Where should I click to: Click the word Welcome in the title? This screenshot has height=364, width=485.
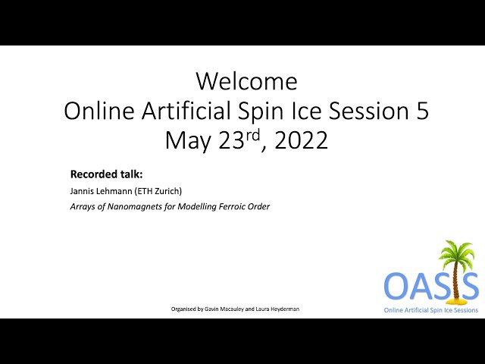[247, 81]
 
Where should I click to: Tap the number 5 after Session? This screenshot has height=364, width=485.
[423, 111]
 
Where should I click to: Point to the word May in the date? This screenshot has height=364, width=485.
[187, 142]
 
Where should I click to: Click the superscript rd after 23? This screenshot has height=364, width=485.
[252, 135]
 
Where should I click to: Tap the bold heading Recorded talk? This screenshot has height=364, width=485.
[106, 174]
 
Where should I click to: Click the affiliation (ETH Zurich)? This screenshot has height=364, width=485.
[158, 191]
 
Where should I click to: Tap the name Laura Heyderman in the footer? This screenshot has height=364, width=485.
[277, 309]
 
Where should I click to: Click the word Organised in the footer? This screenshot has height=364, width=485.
[183, 309]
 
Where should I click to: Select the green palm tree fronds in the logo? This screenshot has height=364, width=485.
[457, 253]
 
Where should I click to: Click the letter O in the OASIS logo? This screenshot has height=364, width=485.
[397, 285]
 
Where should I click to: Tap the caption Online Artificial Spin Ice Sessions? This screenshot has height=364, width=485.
[431, 310]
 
